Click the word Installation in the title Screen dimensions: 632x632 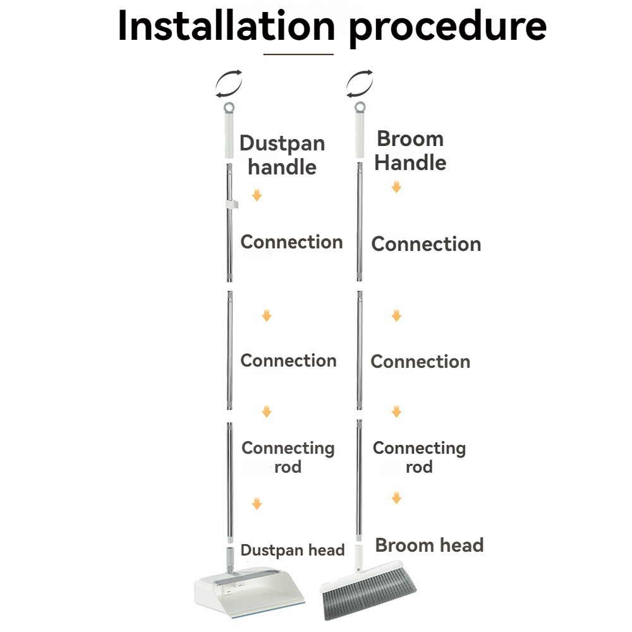[226, 26]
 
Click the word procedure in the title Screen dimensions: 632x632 [447, 29]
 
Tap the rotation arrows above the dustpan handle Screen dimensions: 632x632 [229, 84]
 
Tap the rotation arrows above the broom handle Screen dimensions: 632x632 [360, 84]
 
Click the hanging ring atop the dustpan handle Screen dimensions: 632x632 [229, 107]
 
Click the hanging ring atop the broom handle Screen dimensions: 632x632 [360, 107]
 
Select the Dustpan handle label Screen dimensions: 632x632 [282, 155]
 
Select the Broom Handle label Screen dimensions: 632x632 [410, 151]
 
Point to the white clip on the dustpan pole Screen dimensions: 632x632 [232, 204]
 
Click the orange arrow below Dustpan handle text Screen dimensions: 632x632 [257, 195]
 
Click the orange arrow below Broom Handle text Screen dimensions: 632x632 [397, 186]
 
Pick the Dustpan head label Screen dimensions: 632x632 [293, 550]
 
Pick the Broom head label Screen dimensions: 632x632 [429, 545]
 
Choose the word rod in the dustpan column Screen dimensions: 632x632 [288, 467]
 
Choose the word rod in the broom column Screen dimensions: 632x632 [419, 467]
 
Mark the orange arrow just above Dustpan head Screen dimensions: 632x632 [257, 504]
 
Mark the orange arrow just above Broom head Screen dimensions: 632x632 [397, 498]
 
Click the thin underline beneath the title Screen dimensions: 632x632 [298, 54]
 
